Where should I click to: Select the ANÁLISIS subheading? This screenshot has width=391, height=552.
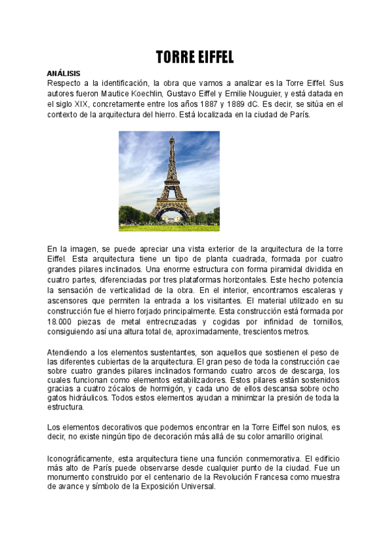pos(63,74)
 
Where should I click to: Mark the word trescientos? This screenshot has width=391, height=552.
pos(259,331)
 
